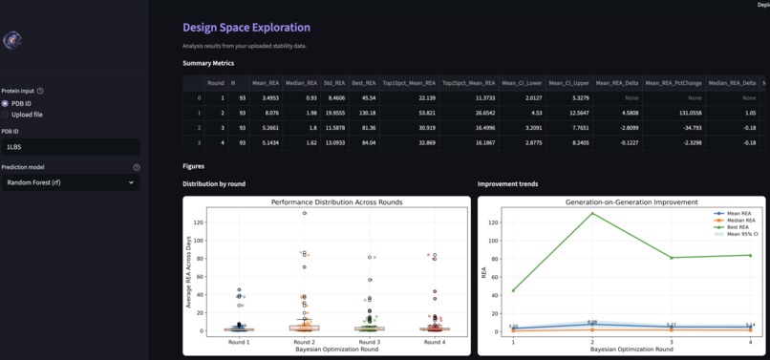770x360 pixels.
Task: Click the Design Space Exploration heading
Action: point(246,28)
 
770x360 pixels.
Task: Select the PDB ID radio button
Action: point(6,103)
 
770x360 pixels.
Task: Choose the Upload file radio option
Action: point(6,115)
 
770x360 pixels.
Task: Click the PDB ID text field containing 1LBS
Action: point(70,147)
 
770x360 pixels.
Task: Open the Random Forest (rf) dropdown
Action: point(70,182)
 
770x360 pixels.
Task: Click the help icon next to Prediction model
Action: point(137,167)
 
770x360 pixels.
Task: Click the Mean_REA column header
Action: point(266,83)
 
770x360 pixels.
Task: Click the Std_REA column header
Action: point(334,83)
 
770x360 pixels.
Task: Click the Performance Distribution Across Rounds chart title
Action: point(336,202)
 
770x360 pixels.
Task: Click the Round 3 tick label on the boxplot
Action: point(369,342)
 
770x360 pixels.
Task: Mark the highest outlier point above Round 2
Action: point(305,213)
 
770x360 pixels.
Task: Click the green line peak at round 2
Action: point(592,213)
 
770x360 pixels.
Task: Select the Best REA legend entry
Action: point(738,226)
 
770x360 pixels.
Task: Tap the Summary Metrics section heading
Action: point(208,63)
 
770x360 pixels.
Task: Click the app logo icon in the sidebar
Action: point(12,40)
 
